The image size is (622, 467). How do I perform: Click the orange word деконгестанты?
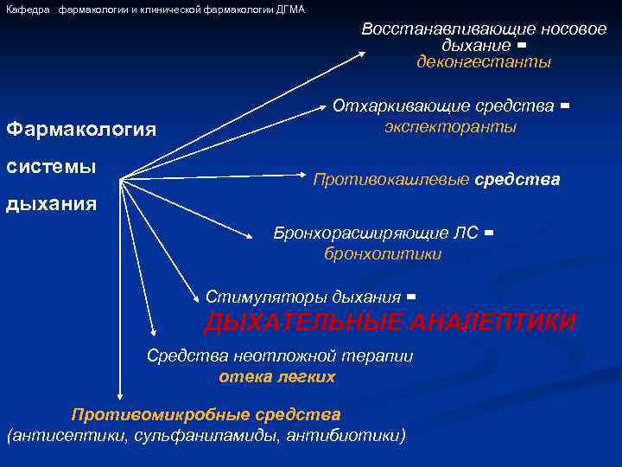[483, 62]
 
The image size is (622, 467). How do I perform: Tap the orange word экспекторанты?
[450, 126]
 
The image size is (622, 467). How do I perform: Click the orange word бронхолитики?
[383, 253]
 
